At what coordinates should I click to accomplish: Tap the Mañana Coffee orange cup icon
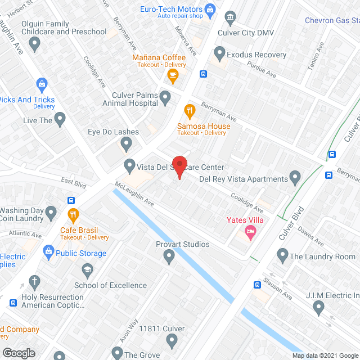[173, 75]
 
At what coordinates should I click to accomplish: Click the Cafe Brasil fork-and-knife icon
[73, 214]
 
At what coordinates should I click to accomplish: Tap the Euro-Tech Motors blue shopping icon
[210, 9]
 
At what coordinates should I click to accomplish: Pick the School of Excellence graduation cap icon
[87, 271]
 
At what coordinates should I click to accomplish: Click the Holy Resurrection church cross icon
[34, 281]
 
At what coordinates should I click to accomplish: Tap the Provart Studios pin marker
[169, 256]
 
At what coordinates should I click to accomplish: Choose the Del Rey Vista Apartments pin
[295, 179]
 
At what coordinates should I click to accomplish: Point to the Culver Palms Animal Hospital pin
[165, 98]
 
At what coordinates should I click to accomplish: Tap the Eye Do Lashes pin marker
[127, 145]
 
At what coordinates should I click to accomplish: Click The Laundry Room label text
[322, 257]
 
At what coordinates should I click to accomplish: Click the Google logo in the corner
[18, 353]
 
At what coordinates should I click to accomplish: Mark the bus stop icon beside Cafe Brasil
[71, 200]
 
